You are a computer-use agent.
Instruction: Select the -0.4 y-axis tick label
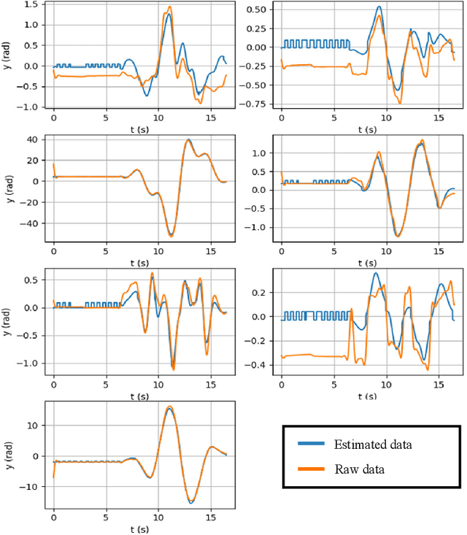point(264,366)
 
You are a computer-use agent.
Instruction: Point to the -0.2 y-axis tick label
point(264,341)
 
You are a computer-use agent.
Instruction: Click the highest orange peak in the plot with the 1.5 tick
point(170,7)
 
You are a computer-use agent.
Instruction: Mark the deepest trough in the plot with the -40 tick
point(171,235)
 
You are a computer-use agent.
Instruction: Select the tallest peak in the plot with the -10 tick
point(169,407)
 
